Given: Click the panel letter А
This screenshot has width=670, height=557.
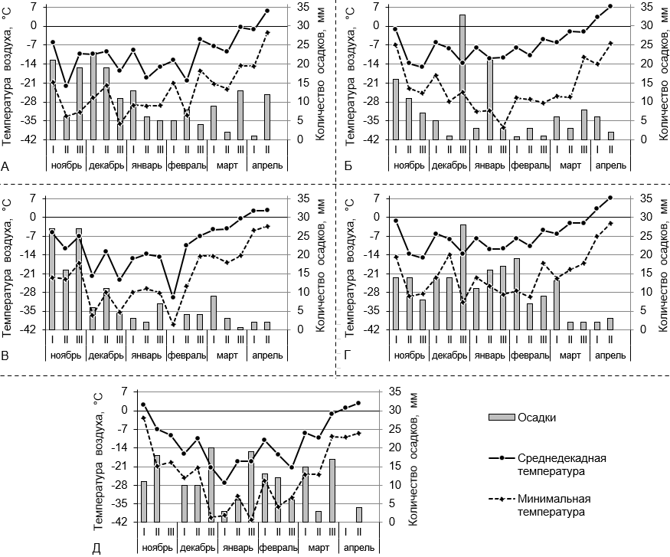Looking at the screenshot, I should [6, 165].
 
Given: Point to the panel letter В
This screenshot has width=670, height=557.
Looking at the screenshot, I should [6, 357].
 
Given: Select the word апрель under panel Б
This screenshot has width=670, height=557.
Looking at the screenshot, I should [610, 165].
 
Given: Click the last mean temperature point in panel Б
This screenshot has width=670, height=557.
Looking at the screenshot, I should [610, 6].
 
